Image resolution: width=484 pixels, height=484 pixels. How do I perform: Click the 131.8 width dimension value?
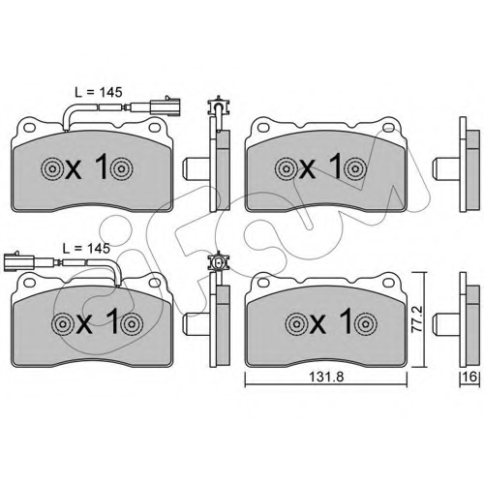[326, 377]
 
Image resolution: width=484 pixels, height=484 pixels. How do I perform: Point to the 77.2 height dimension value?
[419, 319]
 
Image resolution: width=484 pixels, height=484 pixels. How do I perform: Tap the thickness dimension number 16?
[470, 377]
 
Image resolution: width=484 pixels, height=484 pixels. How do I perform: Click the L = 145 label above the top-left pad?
[99, 92]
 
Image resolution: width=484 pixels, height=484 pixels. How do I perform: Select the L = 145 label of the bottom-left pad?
[86, 248]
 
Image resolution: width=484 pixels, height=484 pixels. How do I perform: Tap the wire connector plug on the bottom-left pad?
[18, 261]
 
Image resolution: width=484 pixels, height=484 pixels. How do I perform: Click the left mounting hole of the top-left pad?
[30, 128]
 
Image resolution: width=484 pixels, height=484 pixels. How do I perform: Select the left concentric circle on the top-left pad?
[52, 168]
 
